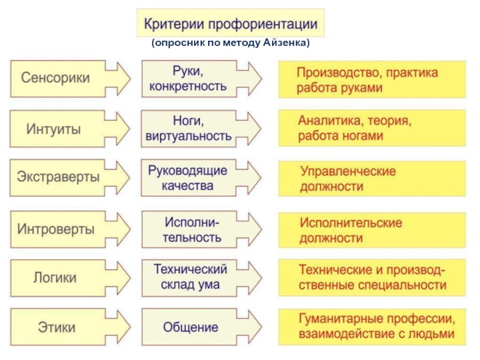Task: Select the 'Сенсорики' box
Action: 57,78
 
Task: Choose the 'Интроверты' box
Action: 56,229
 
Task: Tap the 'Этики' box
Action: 57,327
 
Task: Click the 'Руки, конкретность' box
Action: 187,79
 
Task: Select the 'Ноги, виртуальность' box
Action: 188,128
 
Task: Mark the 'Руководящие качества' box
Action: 188,178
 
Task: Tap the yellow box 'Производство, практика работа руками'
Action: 372,79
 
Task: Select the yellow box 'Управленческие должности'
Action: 372,179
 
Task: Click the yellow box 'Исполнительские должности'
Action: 372,230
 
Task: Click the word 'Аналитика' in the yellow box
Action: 327,121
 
